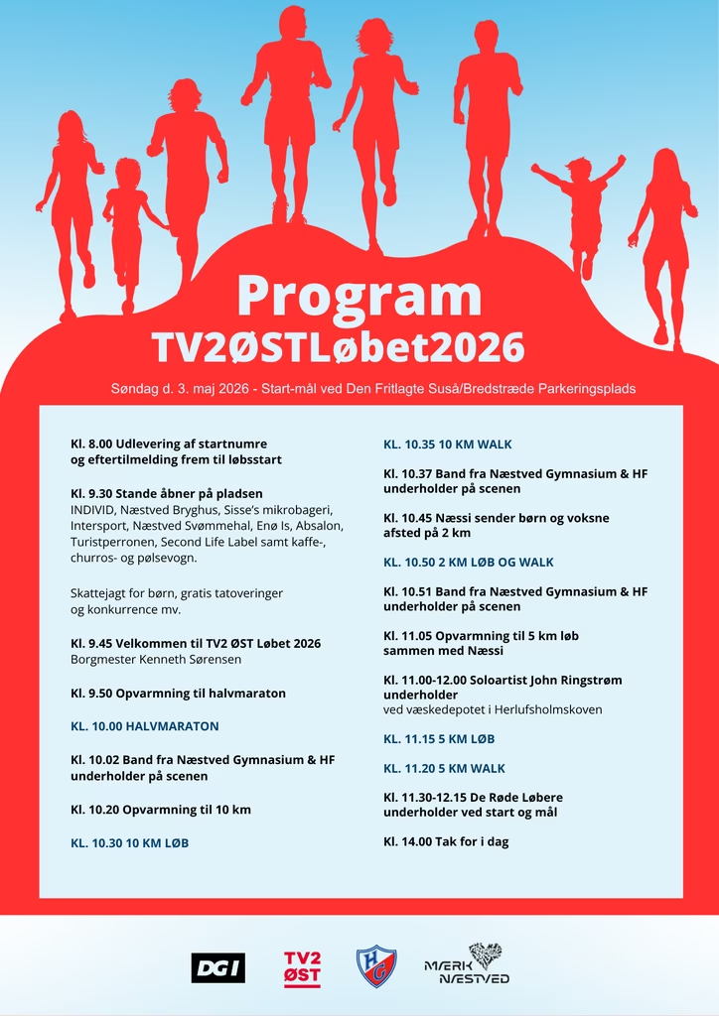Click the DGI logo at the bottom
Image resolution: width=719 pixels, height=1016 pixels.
tap(217, 967)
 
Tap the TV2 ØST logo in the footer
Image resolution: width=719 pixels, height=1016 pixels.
tap(302, 968)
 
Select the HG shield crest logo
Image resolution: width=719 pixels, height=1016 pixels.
tap(376, 966)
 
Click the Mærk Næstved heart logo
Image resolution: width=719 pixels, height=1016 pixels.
tap(468, 964)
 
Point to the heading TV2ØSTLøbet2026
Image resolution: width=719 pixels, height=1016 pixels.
tap(338, 347)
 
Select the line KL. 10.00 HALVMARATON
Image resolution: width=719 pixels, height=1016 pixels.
tap(145, 726)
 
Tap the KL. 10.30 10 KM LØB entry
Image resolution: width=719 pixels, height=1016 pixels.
tap(129, 842)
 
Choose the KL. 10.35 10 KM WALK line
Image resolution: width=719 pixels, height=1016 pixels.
tap(448, 444)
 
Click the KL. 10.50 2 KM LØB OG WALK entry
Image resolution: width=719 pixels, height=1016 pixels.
tap(469, 562)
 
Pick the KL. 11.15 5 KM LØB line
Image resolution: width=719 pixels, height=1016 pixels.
tap(439, 739)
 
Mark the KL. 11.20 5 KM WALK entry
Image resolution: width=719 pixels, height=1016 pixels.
tap(444, 768)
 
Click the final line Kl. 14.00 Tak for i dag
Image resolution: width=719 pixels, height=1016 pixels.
tap(446, 841)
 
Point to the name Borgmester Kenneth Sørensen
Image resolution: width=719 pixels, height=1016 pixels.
tap(156, 659)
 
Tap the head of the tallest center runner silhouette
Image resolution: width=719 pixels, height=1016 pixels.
tap(292, 22)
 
